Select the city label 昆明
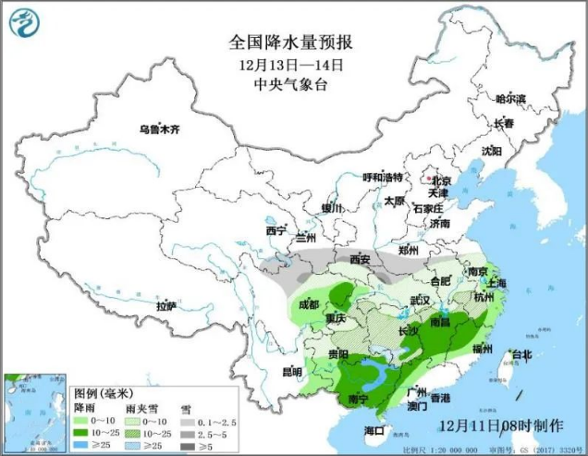[291, 372]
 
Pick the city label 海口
[374, 430]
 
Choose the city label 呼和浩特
[383, 177]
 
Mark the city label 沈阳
[490, 151]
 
